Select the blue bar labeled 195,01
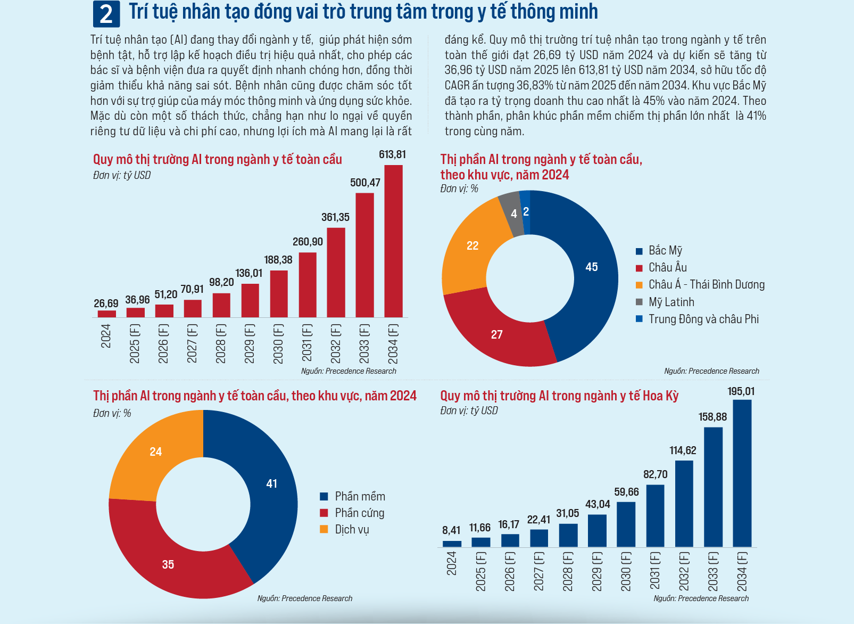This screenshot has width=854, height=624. point(742,473)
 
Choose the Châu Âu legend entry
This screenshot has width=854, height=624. point(667,268)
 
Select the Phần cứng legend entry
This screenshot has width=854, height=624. point(359,513)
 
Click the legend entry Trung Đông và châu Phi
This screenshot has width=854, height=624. point(703,319)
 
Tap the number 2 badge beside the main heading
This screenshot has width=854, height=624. point(106,14)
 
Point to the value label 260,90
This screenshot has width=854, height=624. point(308,242)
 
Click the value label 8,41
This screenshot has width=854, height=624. point(451,530)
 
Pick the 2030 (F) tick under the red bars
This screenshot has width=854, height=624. point(278,344)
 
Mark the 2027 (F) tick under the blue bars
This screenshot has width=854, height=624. point(538,571)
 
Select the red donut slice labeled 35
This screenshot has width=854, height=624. point(168,564)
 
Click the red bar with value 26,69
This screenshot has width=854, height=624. point(107,314)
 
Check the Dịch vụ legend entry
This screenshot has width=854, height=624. point(352,530)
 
